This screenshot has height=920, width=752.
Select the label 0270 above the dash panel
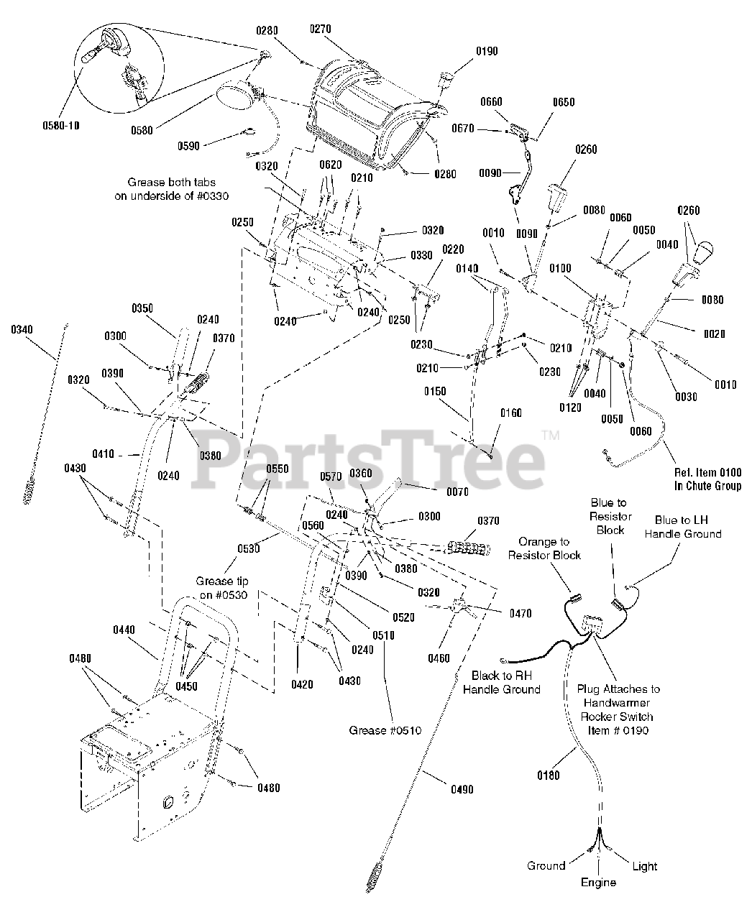click(x=321, y=29)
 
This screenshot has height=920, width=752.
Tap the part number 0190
click(x=487, y=52)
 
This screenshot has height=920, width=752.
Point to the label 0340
click(x=22, y=329)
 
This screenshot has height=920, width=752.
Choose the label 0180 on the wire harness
click(x=548, y=776)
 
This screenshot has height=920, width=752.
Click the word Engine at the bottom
click(x=598, y=882)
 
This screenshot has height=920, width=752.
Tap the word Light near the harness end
click(x=644, y=866)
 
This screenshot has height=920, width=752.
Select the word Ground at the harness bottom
click(x=546, y=865)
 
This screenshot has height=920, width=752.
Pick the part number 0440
click(x=124, y=630)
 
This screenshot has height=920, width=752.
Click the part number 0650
click(x=564, y=103)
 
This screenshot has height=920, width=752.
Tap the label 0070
click(x=457, y=492)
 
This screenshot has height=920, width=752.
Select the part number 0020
click(x=715, y=333)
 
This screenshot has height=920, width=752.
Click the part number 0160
click(x=511, y=413)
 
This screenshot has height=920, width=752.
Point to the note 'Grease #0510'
click(x=385, y=730)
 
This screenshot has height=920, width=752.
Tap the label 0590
click(x=188, y=146)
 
